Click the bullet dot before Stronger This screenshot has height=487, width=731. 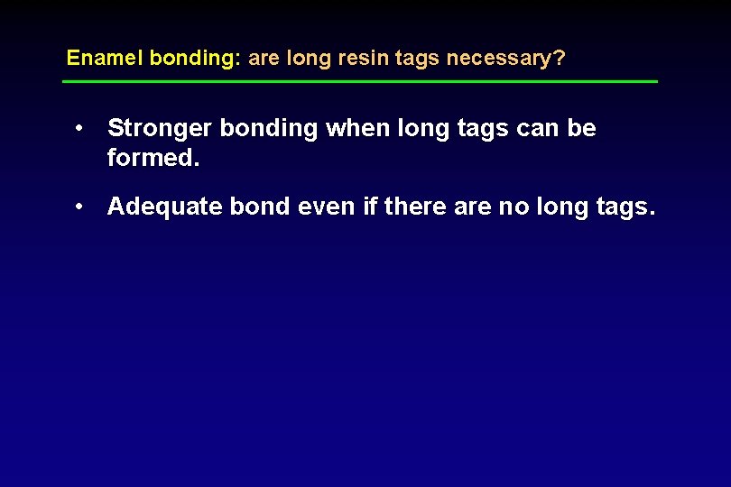click(x=81, y=128)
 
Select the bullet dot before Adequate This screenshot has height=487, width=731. click(x=81, y=207)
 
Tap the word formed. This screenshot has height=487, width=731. click(x=152, y=160)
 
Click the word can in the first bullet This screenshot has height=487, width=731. click(x=536, y=129)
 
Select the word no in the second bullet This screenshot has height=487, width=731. click(x=514, y=207)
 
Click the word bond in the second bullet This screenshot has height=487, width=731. click(x=257, y=207)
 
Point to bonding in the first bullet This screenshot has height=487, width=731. click(x=269, y=129)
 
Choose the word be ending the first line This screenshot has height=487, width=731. click(x=581, y=129)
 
